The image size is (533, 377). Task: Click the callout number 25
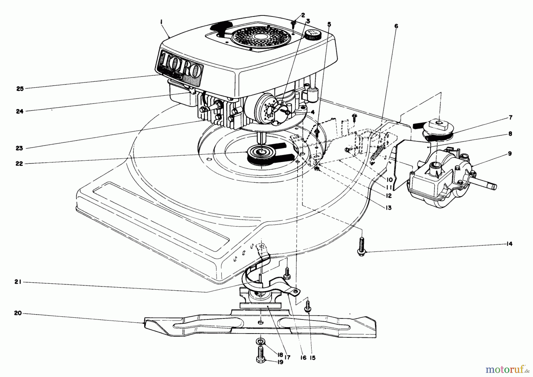20,89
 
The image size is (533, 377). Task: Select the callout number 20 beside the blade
18,313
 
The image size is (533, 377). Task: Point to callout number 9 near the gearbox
510,154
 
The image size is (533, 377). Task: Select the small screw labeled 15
308,308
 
